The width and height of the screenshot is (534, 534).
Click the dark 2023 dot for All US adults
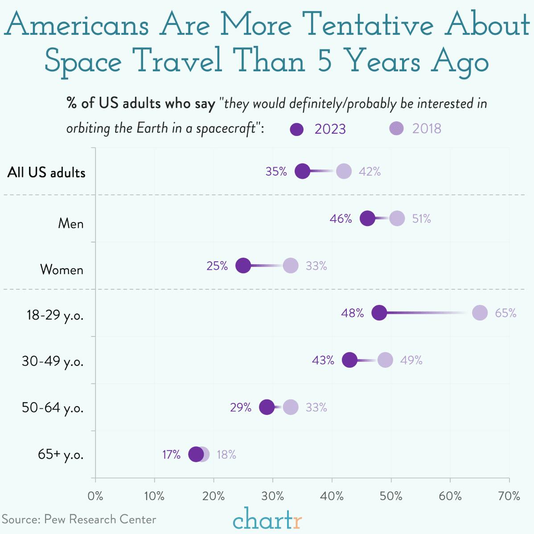(303, 171)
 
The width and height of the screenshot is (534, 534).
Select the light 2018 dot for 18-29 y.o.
(480, 313)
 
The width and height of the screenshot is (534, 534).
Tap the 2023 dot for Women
(243, 266)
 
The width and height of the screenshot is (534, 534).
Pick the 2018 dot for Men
(397, 218)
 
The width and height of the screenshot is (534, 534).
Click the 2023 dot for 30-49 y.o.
(349, 360)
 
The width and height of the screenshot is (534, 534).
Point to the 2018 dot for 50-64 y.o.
(291, 407)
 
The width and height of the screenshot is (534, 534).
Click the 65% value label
(505, 313)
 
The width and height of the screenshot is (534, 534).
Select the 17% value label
(171, 455)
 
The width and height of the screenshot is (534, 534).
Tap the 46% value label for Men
(341, 218)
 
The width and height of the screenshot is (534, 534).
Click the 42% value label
(370, 172)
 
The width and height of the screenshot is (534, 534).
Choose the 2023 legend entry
(318, 129)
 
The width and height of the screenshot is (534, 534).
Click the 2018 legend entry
(415, 128)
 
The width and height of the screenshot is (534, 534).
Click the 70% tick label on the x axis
(509, 496)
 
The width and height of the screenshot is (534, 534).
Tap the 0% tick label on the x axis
(95, 496)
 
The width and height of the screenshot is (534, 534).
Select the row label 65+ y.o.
(61, 455)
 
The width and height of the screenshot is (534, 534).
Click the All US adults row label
(46, 173)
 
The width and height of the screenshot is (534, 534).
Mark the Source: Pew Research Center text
(79, 519)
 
